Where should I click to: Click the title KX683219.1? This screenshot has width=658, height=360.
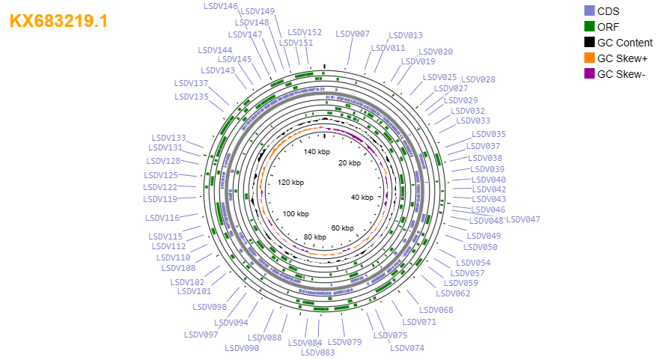(58, 21)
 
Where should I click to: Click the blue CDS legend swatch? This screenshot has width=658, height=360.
(589, 11)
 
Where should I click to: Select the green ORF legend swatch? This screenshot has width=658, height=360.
(589, 26)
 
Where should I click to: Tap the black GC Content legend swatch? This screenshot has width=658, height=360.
(589, 43)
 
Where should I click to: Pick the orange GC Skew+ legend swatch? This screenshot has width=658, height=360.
(589, 58)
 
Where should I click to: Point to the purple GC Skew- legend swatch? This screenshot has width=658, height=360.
(589, 74)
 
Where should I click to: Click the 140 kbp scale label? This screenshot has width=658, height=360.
(317, 151)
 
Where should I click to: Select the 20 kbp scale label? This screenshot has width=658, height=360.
(350, 163)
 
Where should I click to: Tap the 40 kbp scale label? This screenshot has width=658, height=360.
(362, 197)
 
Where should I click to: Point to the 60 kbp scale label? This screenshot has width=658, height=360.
(342, 228)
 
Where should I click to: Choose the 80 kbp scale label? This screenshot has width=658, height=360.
(314, 237)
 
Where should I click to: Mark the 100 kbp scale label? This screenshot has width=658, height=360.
(296, 213)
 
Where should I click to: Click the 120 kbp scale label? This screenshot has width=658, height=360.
(290, 182)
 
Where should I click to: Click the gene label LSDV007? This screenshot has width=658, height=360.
(353, 34)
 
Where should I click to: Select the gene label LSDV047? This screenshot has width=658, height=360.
(523, 219)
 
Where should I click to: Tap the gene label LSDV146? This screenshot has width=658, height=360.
(221, 6)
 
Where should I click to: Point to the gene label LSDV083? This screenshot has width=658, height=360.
(317, 353)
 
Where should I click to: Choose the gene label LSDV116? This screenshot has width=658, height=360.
(162, 218)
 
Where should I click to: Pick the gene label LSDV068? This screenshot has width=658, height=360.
(436, 310)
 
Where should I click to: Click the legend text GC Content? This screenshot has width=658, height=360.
(625, 43)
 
